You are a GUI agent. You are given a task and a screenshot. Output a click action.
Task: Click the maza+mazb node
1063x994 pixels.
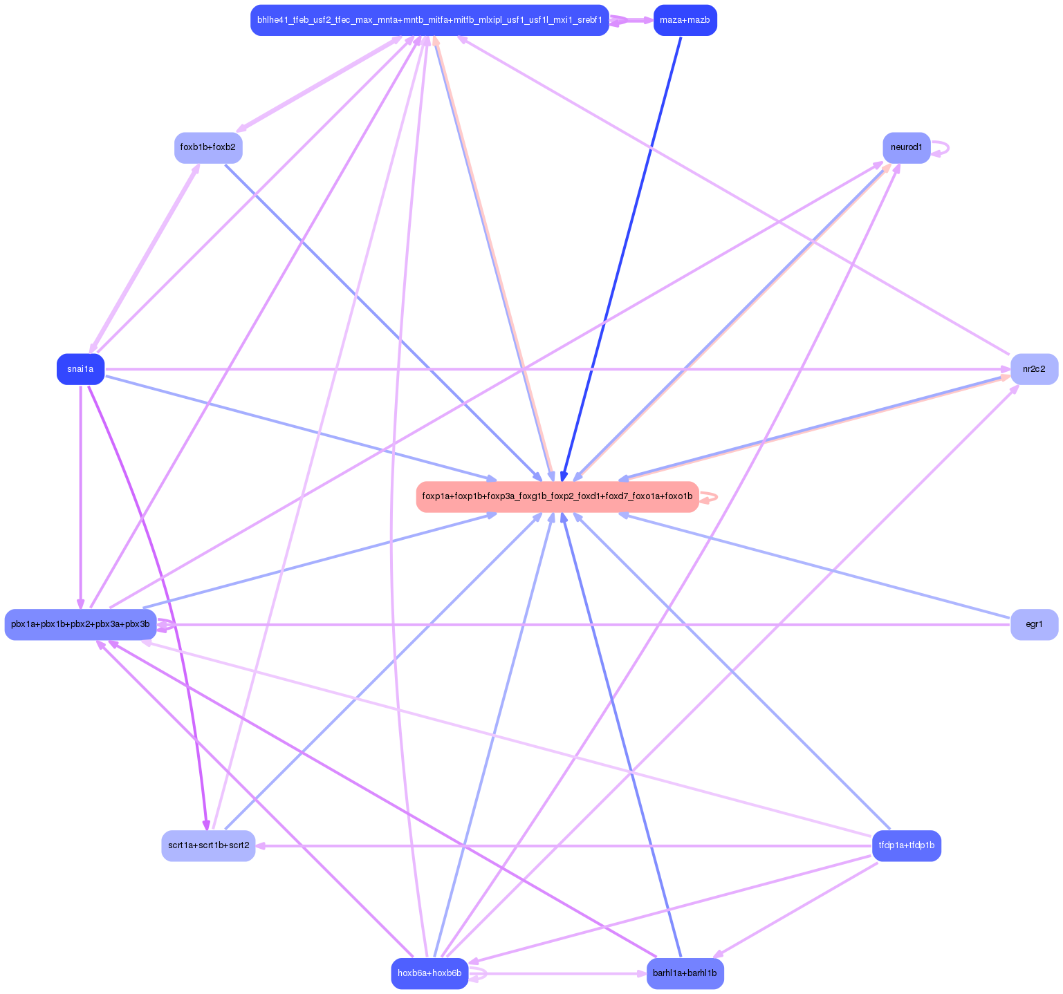pyautogui.click(x=685, y=20)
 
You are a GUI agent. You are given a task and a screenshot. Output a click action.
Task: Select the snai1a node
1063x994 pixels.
pyautogui.click(x=80, y=369)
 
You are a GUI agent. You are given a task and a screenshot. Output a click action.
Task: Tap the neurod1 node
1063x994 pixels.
pyautogui.click(x=906, y=147)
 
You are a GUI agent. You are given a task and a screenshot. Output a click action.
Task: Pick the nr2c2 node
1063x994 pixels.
pyautogui.click(x=1034, y=369)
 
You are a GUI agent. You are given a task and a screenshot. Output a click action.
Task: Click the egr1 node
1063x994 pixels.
pyautogui.click(x=1034, y=624)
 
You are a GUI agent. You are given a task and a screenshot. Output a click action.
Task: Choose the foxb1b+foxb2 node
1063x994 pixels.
pyautogui.click(x=207, y=147)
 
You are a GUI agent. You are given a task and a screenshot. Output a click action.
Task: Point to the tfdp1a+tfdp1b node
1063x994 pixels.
pyautogui.click(x=906, y=845)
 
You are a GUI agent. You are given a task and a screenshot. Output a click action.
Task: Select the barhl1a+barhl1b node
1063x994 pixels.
pyautogui.click(x=685, y=973)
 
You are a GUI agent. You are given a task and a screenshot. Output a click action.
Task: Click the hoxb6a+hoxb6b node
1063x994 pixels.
pyautogui.click(x=429, y=973)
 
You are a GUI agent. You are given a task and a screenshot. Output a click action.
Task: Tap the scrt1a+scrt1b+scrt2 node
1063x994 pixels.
pyautogui.click(x=208, y=845)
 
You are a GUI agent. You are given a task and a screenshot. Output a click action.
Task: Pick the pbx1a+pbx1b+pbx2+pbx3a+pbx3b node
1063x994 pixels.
pyautogui.click(x=80, y=624)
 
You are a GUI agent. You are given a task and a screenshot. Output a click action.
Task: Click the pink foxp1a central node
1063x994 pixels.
pyautogui.click(x=557, y=496)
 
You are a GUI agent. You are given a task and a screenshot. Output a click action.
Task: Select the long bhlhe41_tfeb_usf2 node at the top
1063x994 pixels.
pyautogui.click(x=429, y=20)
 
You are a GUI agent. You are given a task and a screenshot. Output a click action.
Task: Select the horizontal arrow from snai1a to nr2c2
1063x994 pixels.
pyautogui.click(x=553, y=369)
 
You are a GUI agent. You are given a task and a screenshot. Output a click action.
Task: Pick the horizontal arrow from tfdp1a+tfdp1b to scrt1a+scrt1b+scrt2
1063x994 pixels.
pyautogui.click(x=553, y=845)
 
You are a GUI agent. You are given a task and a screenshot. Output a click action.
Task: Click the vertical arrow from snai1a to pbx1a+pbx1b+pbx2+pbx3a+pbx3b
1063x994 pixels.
pyautogui.click(x=81, y=498)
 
